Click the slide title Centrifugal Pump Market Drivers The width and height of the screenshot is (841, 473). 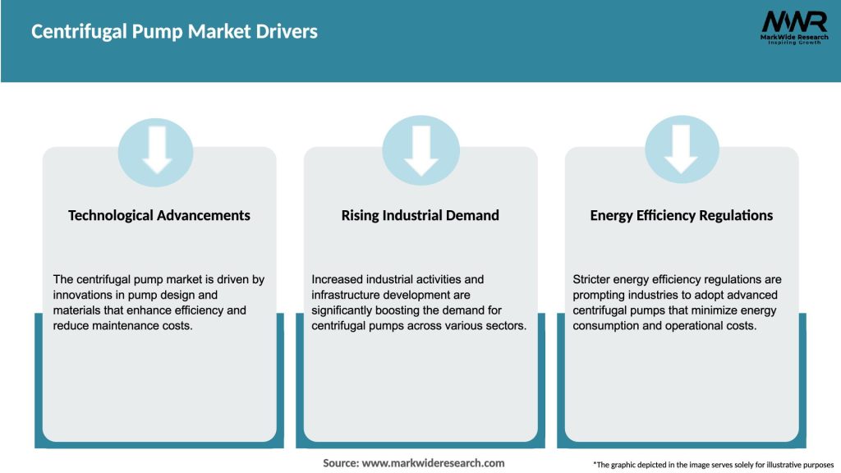click(x=174, y=32)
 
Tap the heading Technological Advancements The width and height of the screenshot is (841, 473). click(x=159, y=215)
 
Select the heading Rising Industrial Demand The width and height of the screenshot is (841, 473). click(x=420, y=215)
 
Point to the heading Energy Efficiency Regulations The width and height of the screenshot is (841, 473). click(x=682, y=215)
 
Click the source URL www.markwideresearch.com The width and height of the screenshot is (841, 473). click(x=433, y=463)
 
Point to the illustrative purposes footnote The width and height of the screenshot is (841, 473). click(x=713, y=465)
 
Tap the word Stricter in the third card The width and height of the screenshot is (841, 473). click(x=592, y=279)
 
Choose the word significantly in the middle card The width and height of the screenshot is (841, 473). click(x=345, y=310)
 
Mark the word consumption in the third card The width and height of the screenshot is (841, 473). click(x=606, y=326)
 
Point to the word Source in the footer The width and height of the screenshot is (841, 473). click(x=340, y=463)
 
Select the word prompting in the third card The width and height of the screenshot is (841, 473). click(x=600, y=295)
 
